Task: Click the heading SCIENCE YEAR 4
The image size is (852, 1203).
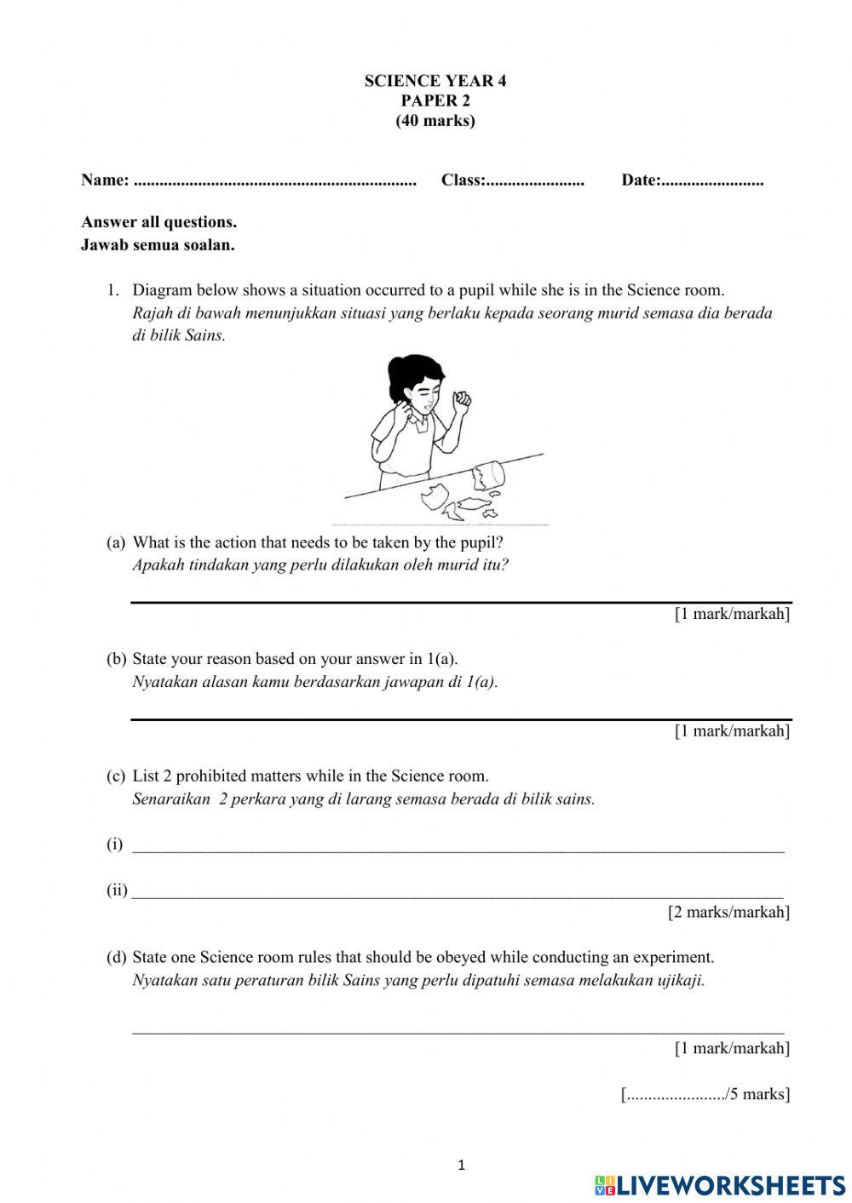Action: click(x=435, y=81)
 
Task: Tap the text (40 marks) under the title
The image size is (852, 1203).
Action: click(x=435, y=121)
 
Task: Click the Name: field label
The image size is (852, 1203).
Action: click(x=105, y=180)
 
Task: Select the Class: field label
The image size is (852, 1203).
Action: click(x=463, y=180)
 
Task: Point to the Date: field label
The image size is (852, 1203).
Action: click(x=641, y=180)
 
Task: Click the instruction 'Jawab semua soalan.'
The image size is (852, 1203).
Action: click(x=158, y=245)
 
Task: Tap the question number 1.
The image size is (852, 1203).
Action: click(x=112, y=290)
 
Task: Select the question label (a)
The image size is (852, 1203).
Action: click(x=116, y=542)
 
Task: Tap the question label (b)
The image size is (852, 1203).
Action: click(x=116, y=659)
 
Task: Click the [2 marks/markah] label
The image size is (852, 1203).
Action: click(x=728, y=913)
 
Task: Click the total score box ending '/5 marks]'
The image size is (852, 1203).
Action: click(x=705, y=1095)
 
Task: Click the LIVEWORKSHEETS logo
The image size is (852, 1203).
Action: click(x=720, y=1184)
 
